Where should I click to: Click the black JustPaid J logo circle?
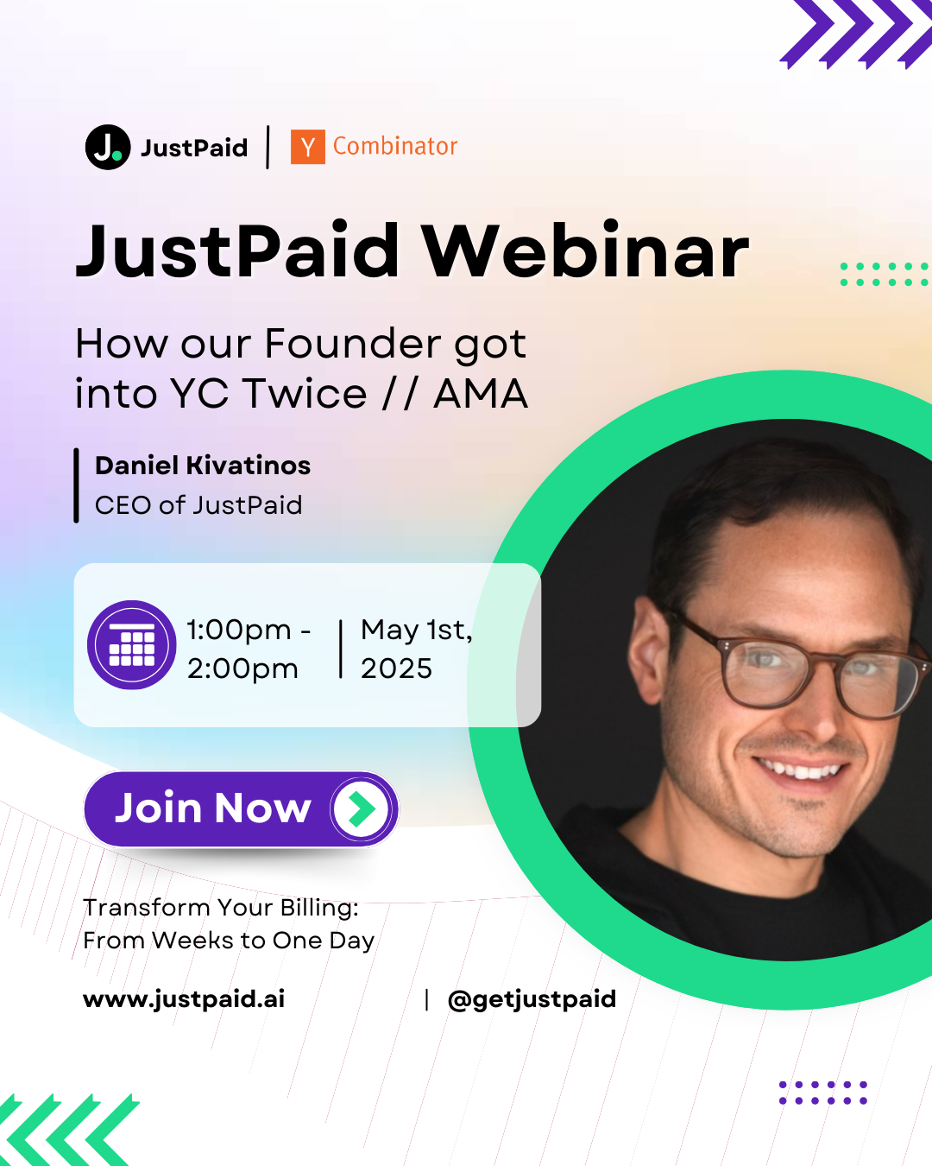[x=108, y=148]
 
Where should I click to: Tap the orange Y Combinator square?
[x=307, y=147]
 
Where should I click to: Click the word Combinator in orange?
[x=395, y=146]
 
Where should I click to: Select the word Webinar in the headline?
[x=585, y=250]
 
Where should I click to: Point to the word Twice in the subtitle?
[x=305, y=393]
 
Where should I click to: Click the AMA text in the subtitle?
[x=481, y=394]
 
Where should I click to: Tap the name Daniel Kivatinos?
[x=203, y=466]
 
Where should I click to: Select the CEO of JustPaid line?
[x=198, y=505]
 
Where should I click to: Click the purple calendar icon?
[x=131, y=645]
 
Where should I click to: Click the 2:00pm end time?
[x=242, y=669]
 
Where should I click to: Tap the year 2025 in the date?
[x=396, y=669]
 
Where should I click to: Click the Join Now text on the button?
[x=213, y=808]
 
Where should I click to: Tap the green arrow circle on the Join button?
[x=362, y=809]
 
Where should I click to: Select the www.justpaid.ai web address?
[x=184, y=999]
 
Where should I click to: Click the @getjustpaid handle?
[x=532, y=999]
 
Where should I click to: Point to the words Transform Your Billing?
[x=221, y=908]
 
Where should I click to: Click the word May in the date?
[x=389, y=631]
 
